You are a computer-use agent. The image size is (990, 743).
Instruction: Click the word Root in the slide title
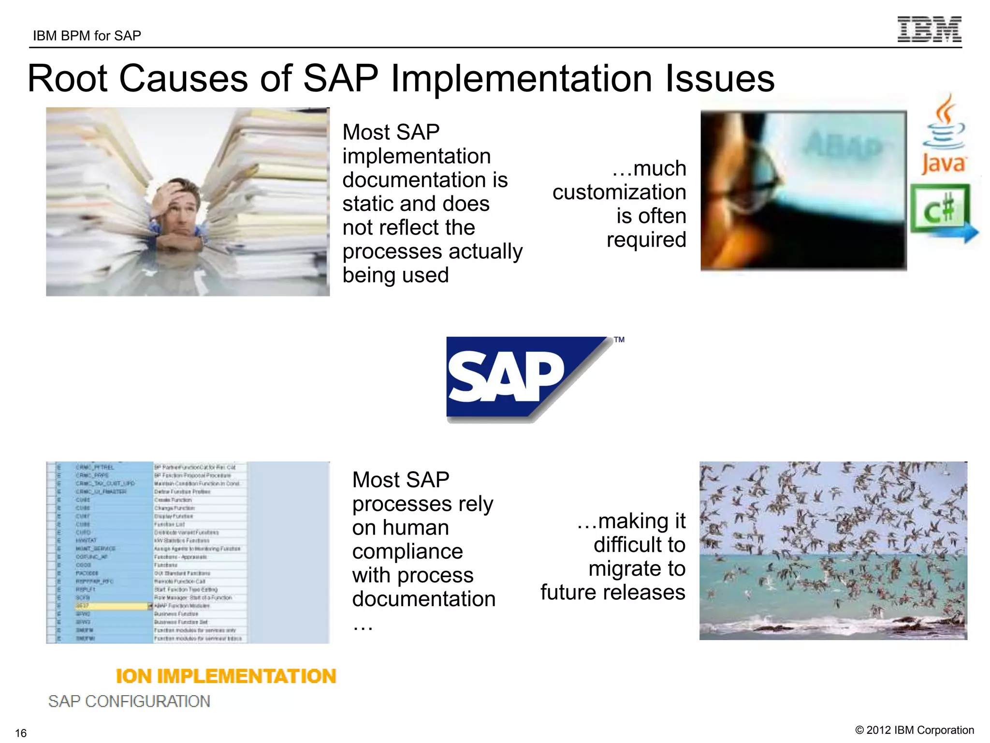tap(68, 78)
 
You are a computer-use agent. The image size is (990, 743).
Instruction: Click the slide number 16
tap(21, 733)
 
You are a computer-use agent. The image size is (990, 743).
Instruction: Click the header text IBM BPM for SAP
tap(87, 36)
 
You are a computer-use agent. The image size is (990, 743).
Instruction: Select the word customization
tap(619, 192)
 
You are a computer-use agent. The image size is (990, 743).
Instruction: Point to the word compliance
tap(408, 551)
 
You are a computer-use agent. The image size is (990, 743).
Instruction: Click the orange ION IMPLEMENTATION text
tap(226, 676)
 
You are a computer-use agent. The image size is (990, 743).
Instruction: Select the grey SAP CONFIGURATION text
tap(129, 701)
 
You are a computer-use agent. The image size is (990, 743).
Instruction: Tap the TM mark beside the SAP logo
tap(619, 340)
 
